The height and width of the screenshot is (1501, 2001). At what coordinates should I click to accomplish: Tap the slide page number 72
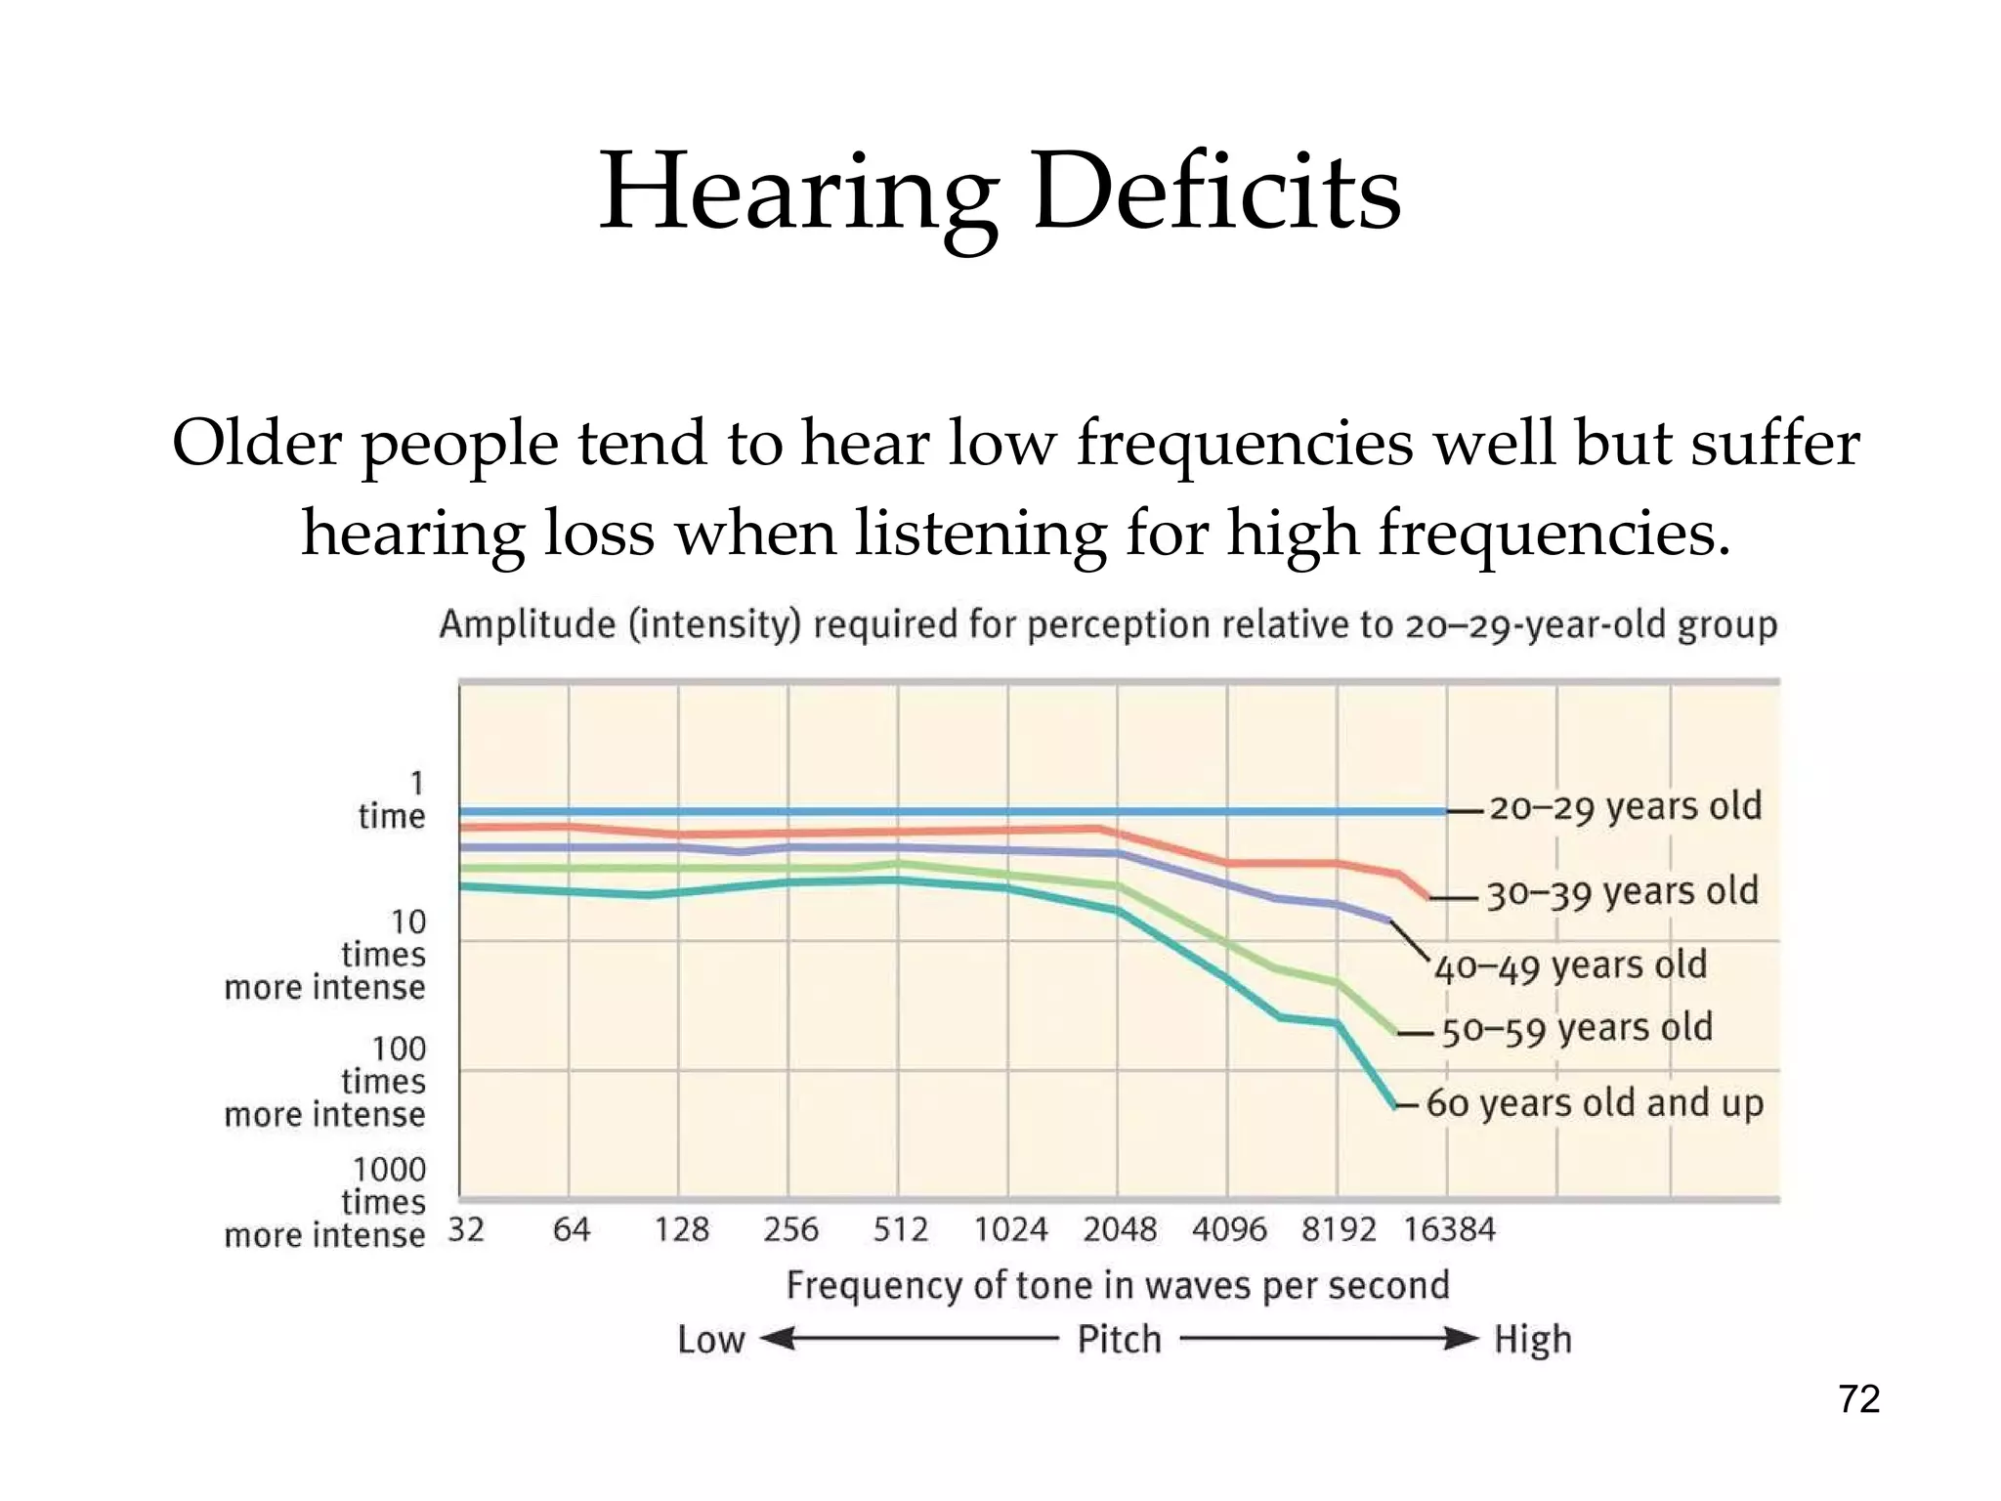(1858, 1399)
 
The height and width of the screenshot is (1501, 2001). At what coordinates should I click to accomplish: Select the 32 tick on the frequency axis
(466, 1229)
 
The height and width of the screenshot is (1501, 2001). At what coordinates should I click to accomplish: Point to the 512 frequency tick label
(900, 1229)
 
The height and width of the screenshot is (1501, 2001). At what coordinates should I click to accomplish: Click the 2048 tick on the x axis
(1119, 1229)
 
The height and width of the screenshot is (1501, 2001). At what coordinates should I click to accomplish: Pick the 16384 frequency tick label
(1449, 1229)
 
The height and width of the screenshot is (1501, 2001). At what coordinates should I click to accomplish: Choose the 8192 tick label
(1338, 1229)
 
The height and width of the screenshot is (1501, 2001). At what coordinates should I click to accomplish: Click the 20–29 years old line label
(1625, 807)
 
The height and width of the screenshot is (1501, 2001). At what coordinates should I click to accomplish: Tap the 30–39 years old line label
(1622, 892)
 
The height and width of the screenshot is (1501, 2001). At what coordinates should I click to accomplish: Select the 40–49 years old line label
(1570, 966)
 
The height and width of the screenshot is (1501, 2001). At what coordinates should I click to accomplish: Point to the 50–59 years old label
(1577, 1029)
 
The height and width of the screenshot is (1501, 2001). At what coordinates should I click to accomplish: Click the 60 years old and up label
(1595, 1103)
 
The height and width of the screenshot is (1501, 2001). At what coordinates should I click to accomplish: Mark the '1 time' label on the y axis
(392, 800)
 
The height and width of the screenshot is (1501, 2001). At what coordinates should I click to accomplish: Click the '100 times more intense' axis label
(326, 1082)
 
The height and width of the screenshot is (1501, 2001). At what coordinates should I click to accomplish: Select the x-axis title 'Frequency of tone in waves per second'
(1118, 1285)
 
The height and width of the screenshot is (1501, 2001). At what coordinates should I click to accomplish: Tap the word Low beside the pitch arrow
(711, 1340)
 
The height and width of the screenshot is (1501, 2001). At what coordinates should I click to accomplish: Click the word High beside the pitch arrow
(1532, 1340)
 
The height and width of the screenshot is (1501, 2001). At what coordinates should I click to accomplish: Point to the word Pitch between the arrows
(1119, 1340)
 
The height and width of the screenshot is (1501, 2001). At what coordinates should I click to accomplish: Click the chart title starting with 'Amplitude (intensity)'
(1108, 624)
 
